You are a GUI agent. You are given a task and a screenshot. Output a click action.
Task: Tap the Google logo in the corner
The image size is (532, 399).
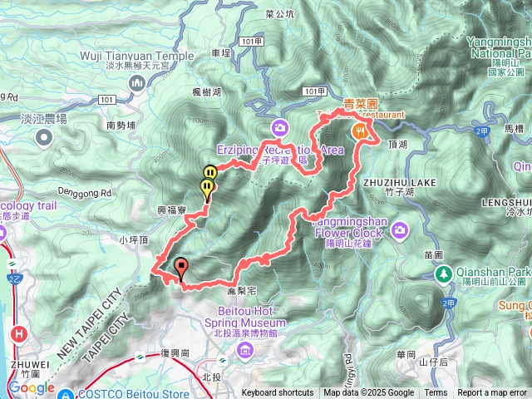coord(32,387)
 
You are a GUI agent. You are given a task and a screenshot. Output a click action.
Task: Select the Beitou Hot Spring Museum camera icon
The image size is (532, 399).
coord(245,350)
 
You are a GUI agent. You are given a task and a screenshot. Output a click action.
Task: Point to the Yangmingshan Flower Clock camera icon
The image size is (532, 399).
coord(400,229)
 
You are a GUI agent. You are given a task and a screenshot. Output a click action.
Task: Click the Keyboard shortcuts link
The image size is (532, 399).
coord(278,393)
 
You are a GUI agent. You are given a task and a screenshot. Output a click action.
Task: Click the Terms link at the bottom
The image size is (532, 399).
coord(436,393)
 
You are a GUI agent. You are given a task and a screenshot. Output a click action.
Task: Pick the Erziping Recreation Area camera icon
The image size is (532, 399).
coord(278,127)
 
